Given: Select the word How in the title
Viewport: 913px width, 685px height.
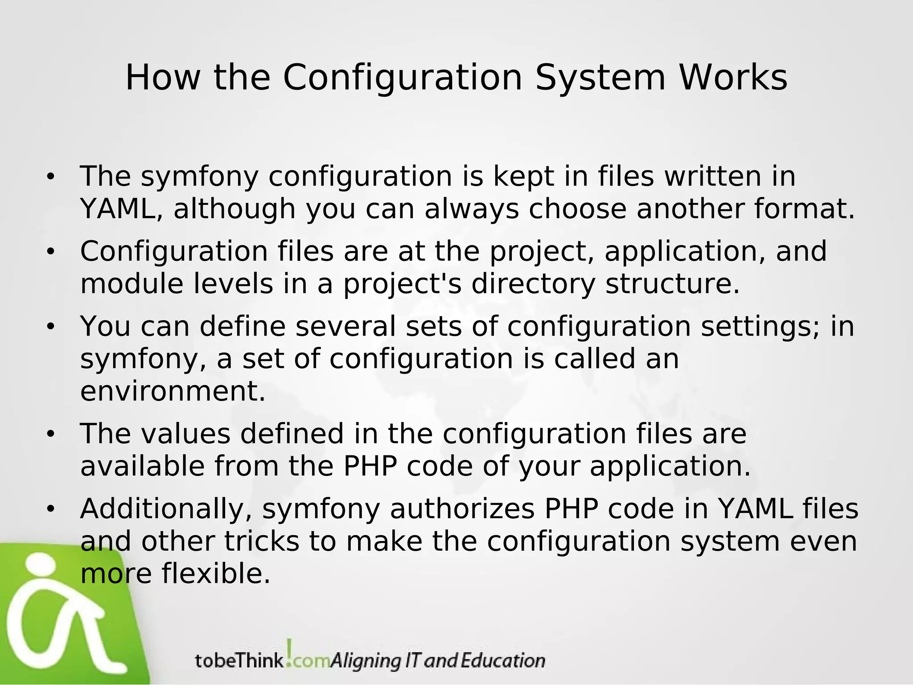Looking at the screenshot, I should click(x=162, y=78).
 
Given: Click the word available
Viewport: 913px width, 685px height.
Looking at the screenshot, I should click(x=142, y=466).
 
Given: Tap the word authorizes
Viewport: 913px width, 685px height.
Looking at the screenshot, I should click(x=462, y=509).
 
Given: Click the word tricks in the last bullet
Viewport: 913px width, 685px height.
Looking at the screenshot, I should click(x=261, y=541).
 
